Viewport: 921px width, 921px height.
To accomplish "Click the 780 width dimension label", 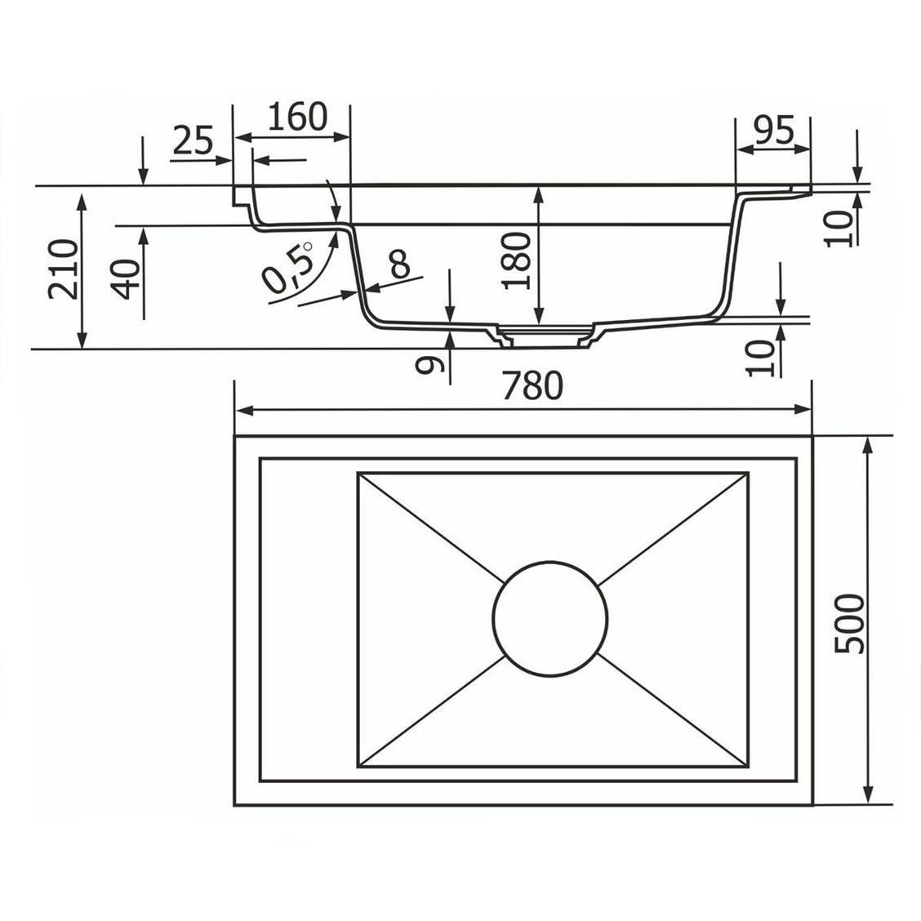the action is coord(532,386).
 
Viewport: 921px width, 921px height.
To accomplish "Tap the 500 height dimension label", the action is coord(850,624).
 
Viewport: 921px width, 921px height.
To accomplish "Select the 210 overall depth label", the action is coord(63,269).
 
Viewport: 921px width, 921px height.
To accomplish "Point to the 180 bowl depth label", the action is coord(517,260).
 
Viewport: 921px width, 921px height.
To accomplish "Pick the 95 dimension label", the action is coord(774,130).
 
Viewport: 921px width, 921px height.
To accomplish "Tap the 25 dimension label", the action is coord(194,141).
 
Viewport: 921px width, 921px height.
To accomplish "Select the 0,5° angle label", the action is coord(287,267).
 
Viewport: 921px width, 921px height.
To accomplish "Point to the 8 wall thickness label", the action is coord(400,264).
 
